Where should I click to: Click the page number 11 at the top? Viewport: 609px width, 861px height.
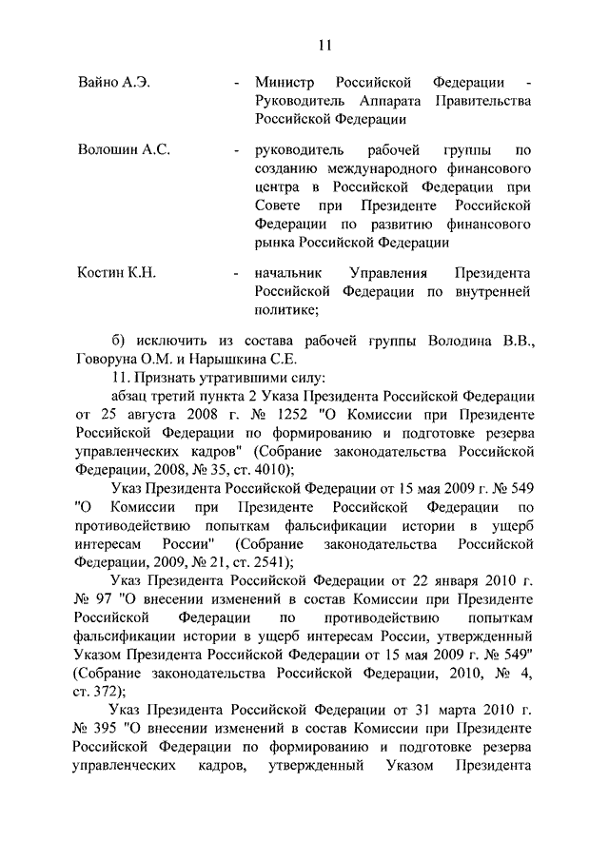[x=324, y=44]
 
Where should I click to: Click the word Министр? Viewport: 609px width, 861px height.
[x=285, y=83]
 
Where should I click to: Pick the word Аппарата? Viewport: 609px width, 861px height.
[x=394, y=101]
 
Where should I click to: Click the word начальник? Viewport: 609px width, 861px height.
[x=288, y=273]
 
